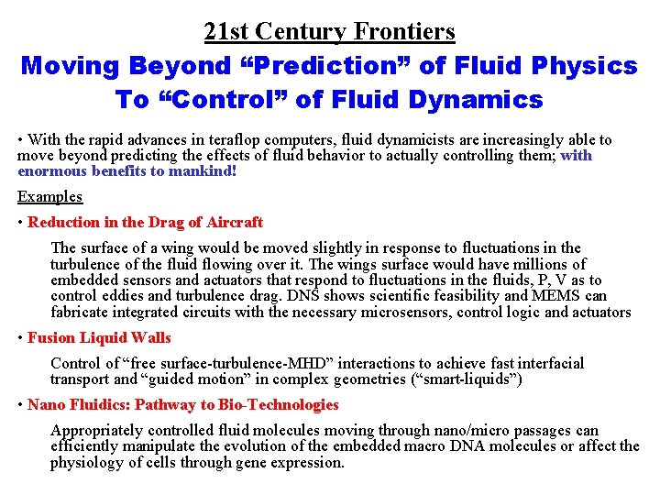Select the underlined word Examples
tap(49, 197)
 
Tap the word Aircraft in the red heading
tap(235, 222)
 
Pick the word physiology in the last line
tap(90, 462)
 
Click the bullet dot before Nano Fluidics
tap(21, 405)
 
